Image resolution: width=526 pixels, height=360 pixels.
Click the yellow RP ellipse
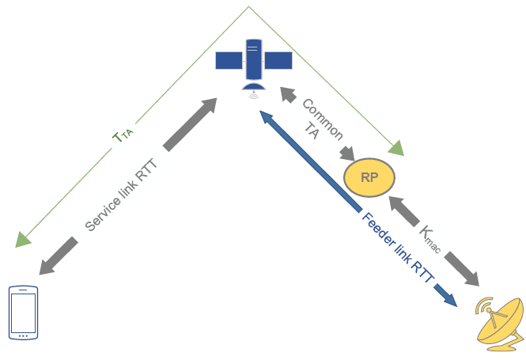point(369,177)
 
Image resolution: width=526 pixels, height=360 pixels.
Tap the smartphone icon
point(23,313)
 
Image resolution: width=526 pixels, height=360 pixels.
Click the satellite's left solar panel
point(229,60)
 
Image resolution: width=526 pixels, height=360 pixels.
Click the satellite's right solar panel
point(278,60)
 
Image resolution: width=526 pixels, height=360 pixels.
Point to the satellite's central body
point(254,59)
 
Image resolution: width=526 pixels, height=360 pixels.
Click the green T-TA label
point(123,135)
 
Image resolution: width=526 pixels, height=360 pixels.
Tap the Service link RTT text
point(121,195)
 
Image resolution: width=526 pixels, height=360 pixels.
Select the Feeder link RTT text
point(398,248)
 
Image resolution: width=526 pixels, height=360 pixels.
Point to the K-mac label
point(430,239)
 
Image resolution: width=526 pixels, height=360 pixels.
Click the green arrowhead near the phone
point(23,240)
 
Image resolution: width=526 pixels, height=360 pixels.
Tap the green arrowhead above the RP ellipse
point(396,148)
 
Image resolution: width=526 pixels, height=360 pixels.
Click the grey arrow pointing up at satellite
point(190,124)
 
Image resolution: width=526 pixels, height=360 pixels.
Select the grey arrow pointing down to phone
point(59,256)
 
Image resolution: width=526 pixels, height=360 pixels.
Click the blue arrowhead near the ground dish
point(445,295)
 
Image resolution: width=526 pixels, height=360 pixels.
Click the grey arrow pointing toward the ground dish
point(462,269)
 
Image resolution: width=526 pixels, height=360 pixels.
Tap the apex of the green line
point(248,6)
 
